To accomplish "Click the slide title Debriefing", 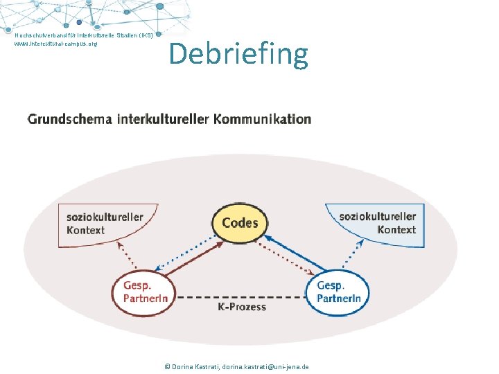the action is [238, 54].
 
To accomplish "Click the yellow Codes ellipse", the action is [240, 223].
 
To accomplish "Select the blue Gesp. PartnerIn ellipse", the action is [338, 292].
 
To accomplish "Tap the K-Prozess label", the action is [242, 307].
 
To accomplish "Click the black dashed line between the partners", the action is [241, 297].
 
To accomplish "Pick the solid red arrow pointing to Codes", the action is [194, 258].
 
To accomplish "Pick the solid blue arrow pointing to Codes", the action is [295, 253].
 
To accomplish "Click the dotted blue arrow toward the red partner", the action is [186, 253].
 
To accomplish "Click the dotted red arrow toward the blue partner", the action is [285, 258].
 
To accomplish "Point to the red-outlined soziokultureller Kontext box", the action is [108, 225].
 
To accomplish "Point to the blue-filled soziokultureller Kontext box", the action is [375, 225].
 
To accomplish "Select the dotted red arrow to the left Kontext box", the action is [127, 255].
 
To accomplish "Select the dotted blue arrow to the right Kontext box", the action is [353, 253].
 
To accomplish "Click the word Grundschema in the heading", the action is [70, 119].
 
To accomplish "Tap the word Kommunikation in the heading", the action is [262, 119].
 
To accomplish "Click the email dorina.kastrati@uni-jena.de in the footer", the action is [265, 366].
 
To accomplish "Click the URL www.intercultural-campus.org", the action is [55, 44].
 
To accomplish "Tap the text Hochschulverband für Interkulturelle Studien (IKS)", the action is [84, 35].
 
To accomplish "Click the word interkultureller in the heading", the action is [163, 119].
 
